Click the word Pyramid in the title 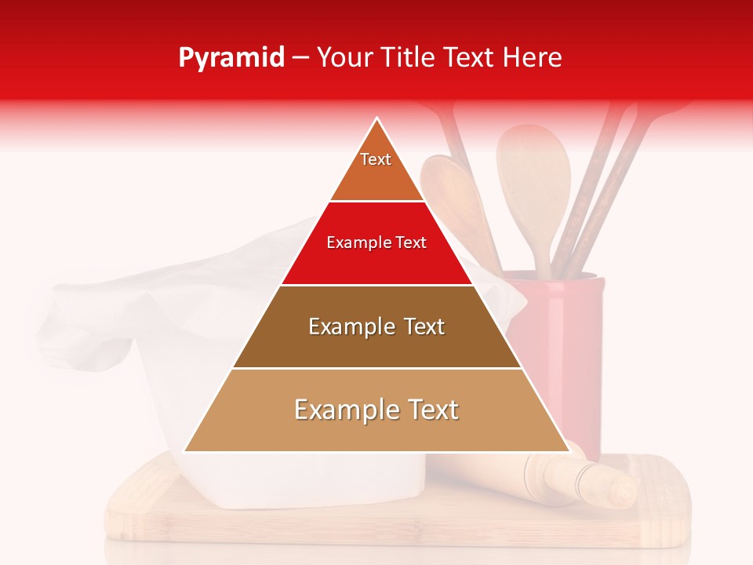tap(231, 58)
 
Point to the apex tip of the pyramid tap(377, 119)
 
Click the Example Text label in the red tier tap(376, 243)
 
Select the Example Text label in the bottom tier tap(376, 410)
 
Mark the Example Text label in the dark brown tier tap(376, 326)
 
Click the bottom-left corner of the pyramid tap(185, 451)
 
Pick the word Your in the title tap(343, 58)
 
